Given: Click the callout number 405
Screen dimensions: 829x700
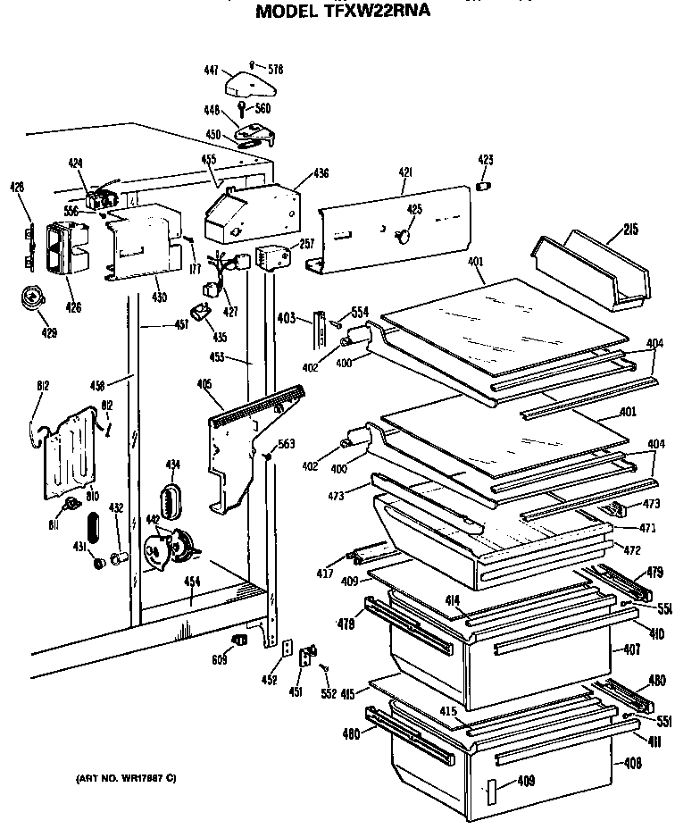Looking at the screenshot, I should click(x=204, y=384).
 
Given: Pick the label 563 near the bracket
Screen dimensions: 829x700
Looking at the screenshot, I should click(x=286, y=444).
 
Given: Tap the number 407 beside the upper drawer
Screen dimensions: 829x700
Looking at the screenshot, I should click(x=632, y=649).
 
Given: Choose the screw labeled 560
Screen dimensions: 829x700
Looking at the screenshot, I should click(x=262, y=108).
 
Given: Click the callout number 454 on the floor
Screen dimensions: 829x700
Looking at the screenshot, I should click(x=191, y=581).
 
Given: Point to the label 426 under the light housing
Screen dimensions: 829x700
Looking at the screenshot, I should click(x=73, y=307).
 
